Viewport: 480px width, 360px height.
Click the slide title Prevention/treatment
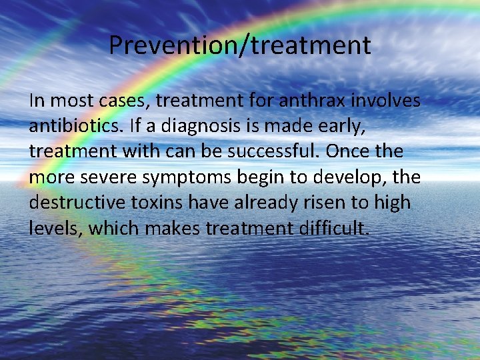(x=239, y=45)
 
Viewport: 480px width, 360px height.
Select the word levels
(x=55, y=228)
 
